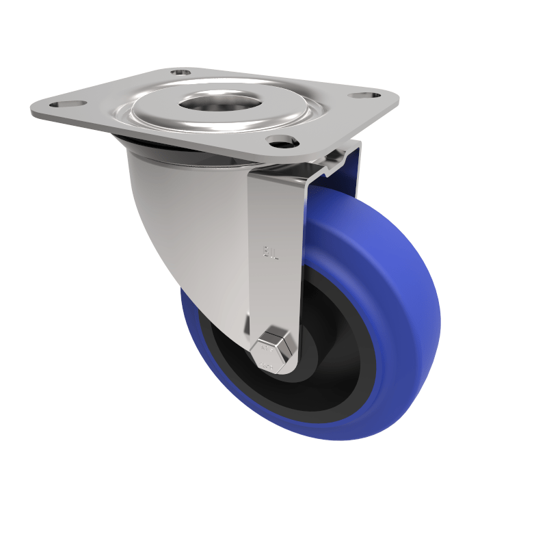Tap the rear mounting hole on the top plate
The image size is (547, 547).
coord(181,71)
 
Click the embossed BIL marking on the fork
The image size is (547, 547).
coord(271,253)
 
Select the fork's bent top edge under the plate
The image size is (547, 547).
coord(328,164)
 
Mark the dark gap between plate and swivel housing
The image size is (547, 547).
coord(171,152)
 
